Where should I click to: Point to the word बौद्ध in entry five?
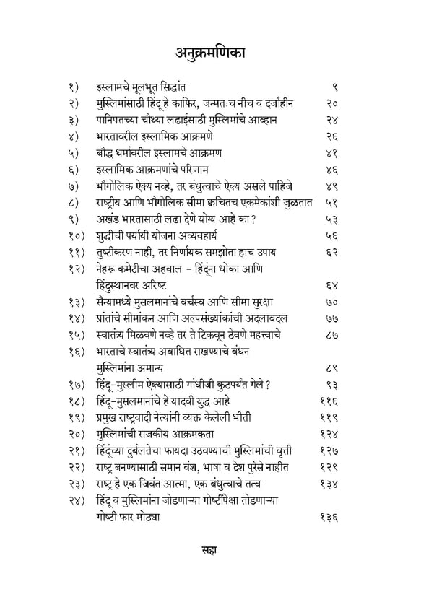(x=105, y=152)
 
